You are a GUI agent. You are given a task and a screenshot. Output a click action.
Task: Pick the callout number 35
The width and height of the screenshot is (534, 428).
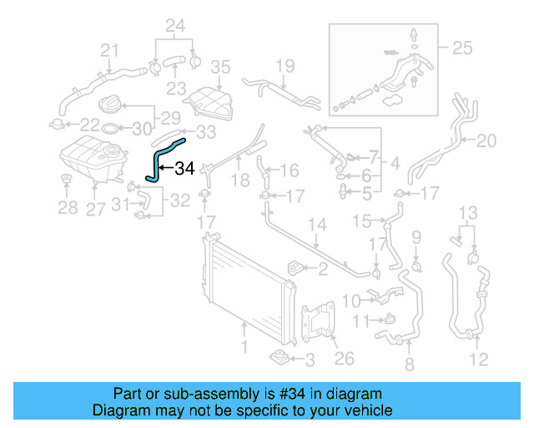click(219, 66)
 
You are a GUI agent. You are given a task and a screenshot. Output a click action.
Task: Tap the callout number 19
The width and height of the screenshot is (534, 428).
click(285, 65)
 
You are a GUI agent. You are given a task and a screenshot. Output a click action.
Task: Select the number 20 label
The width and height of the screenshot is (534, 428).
click(486, 140)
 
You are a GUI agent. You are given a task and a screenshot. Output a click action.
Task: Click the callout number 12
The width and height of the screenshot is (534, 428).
click(478, 360)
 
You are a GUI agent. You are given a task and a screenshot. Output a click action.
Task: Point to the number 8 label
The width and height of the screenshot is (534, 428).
click(409, 364)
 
